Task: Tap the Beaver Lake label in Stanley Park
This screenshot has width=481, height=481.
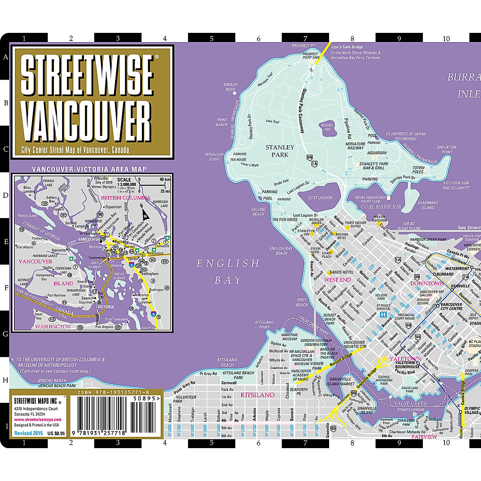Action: point(327,127)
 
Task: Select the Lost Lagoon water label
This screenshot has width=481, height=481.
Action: point(320,198)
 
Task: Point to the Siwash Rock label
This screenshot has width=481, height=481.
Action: point(230,87)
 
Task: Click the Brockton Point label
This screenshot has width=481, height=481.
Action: point(447,150)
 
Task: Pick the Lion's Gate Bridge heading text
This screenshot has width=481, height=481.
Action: point(347,47)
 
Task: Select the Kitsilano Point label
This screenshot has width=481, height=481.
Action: point(264,325)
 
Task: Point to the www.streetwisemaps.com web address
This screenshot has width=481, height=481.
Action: point(38,420)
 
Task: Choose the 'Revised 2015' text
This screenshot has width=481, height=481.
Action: point(28,433)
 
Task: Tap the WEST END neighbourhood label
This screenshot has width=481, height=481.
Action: point(337,280)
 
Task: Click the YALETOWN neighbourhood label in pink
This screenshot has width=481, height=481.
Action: point(405,359)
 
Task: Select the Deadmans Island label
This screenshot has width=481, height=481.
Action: point(428,205)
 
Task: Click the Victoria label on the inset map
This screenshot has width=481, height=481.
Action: point(105,307)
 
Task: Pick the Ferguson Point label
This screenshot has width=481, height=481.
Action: point(214,156)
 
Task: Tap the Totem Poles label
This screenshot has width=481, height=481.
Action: point(418,170)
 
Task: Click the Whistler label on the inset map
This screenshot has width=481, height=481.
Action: point(101,178)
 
